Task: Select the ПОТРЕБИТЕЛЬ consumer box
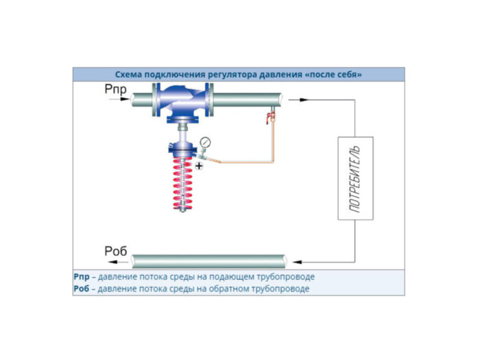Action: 355,178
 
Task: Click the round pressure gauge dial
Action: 204,143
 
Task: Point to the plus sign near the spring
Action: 199,166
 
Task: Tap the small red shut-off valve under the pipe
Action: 269,119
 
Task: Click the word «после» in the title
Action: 326,73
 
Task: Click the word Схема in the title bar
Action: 129,73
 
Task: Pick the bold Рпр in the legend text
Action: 82,277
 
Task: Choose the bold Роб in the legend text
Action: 82,289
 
